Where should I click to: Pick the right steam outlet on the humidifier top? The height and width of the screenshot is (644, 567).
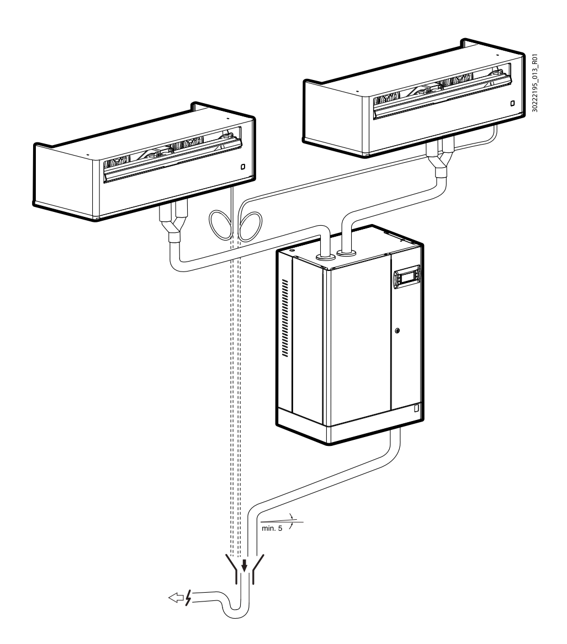click(347, 252)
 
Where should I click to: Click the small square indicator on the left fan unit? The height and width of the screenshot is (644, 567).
click(242, 166)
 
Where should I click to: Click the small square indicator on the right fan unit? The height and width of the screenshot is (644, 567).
click(512, 103)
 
